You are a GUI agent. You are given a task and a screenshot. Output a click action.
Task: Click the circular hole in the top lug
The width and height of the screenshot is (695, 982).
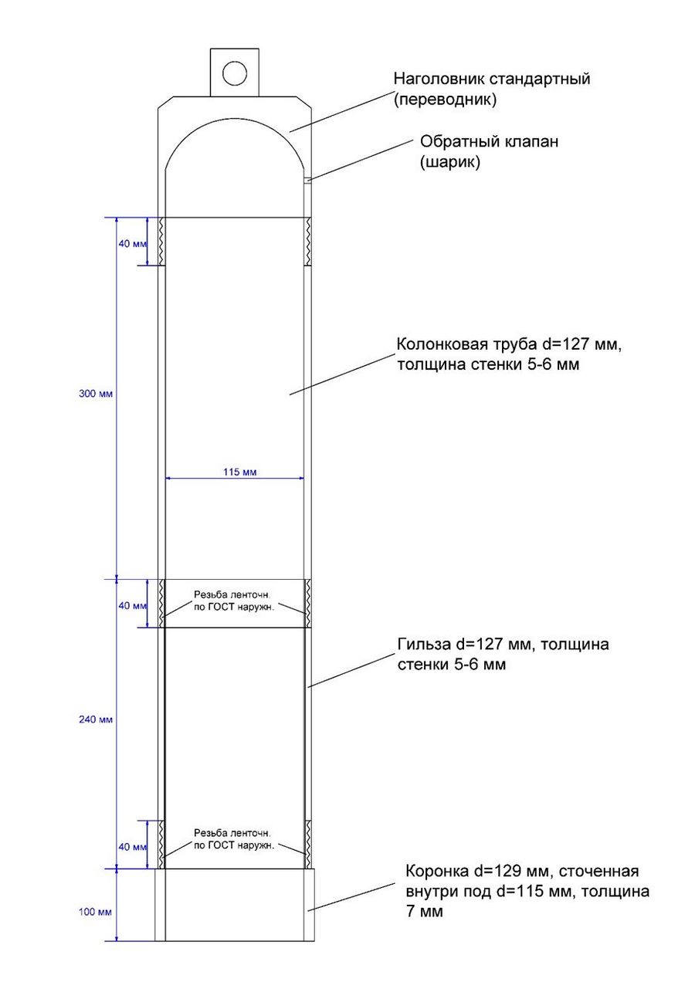[x=234, y=73]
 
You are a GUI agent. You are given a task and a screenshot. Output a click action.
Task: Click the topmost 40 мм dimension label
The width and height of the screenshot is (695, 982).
[x=132, y=244]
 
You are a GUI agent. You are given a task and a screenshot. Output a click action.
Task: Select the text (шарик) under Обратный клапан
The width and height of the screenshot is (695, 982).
[x=450, y=162]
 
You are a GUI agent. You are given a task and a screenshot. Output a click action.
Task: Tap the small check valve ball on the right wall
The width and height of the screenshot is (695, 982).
[x=307, y=180]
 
